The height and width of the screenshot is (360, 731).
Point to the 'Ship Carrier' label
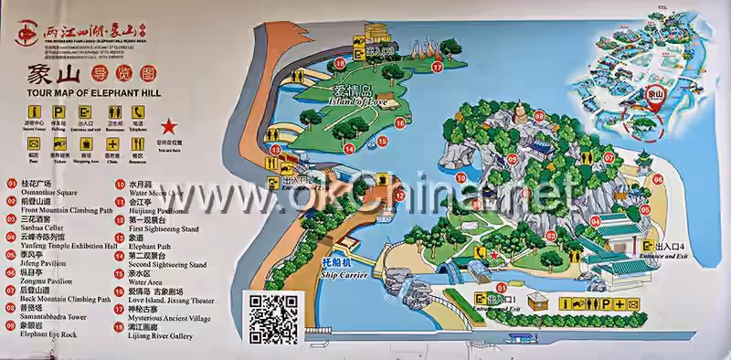(338, 271)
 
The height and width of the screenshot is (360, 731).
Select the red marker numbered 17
(437, 67)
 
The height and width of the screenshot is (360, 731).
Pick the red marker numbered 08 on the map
(539, 117)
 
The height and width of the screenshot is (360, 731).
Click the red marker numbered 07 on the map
(609, 155)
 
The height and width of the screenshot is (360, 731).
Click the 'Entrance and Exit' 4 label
(663, 258)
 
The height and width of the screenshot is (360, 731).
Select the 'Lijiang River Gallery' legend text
(161, 335)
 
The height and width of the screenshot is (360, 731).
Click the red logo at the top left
(27, 35)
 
